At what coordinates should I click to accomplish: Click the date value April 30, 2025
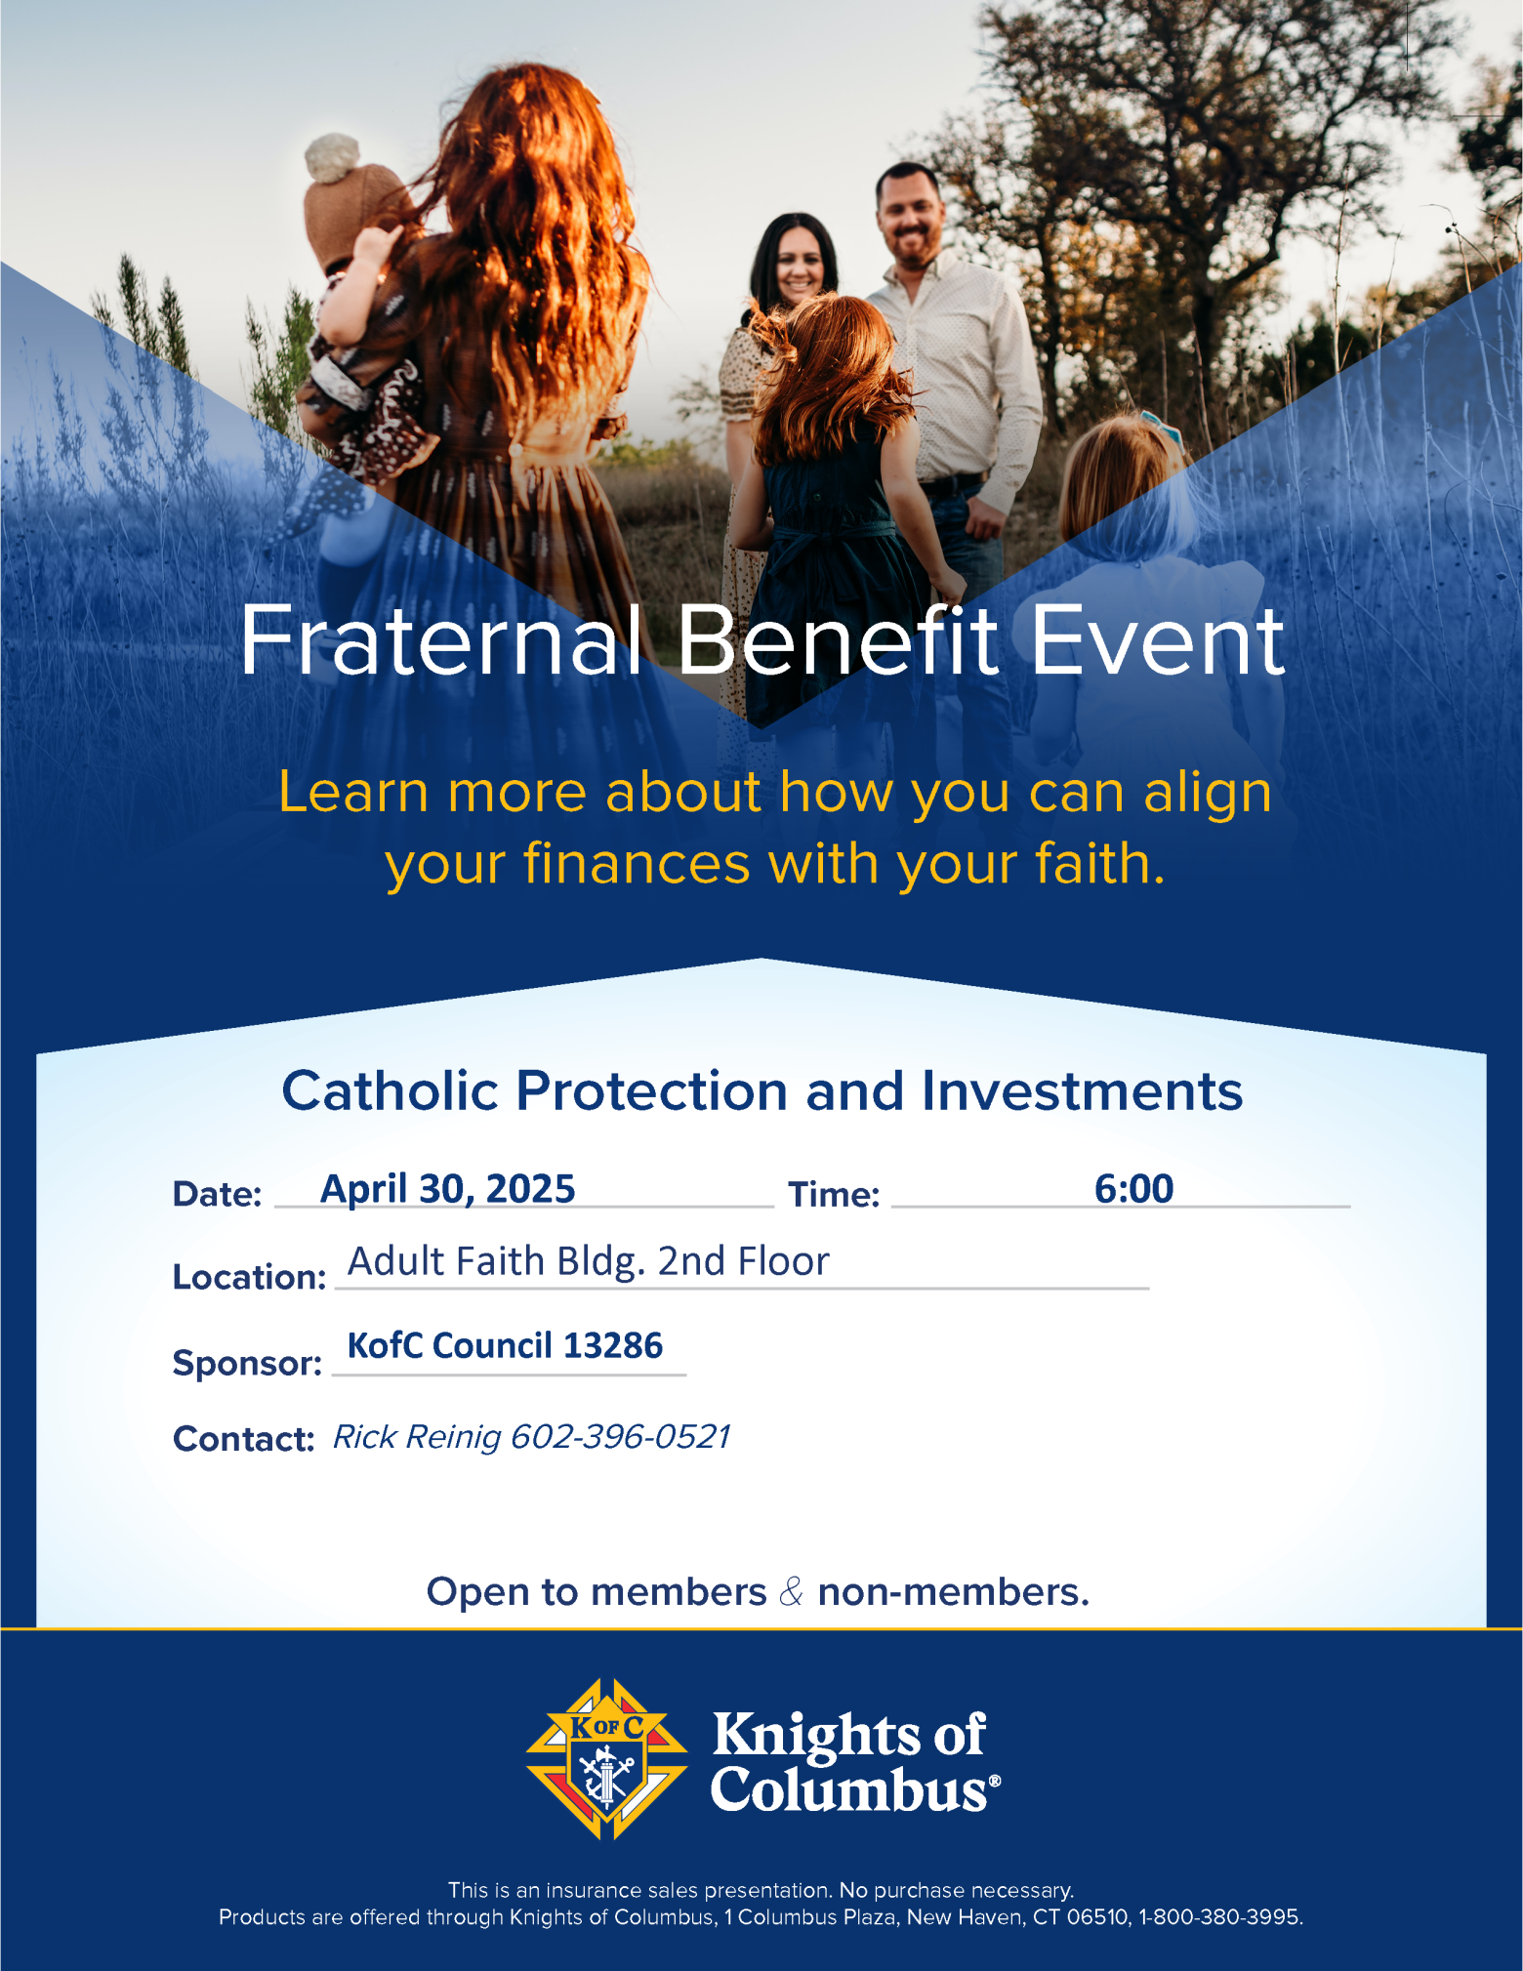click(448, 1189)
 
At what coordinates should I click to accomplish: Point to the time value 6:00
click(1133, 1188)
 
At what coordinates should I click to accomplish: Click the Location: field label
click(249, 1276)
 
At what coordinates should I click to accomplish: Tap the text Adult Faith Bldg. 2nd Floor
click(589, 1261)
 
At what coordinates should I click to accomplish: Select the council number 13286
click(613, 1345)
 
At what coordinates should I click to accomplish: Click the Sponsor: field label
click(247, 1363)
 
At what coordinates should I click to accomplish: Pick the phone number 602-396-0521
click(621, 1437)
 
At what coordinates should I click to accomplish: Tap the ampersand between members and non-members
click(792, 1591)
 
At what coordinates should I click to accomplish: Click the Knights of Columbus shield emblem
click(607, 1759)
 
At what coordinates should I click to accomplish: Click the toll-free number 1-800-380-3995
click(1220, 1917)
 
